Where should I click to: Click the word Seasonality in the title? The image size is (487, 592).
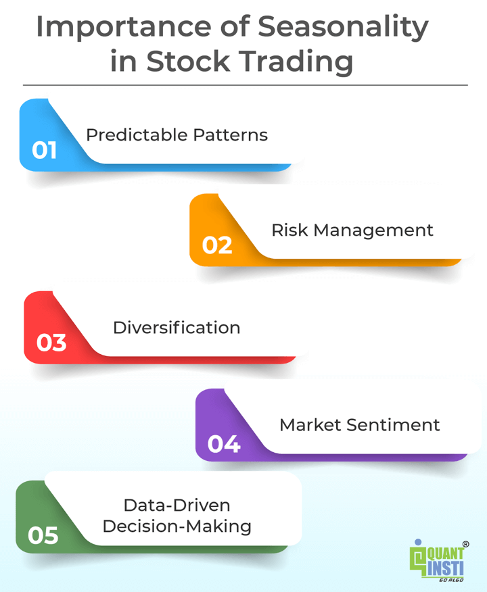342,27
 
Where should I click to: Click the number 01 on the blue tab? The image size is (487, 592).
44,149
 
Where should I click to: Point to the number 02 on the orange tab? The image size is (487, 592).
217,245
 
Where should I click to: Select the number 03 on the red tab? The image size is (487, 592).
51,343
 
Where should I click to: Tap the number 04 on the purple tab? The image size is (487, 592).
224,444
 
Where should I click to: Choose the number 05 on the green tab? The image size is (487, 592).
43,536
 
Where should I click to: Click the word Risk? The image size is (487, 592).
290,230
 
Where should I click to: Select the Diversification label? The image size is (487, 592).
177,328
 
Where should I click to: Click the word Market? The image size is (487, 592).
309,425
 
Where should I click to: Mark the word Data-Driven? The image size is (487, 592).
177,505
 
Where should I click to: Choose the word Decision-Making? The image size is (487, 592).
177,526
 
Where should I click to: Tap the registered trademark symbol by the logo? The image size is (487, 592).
465,544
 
